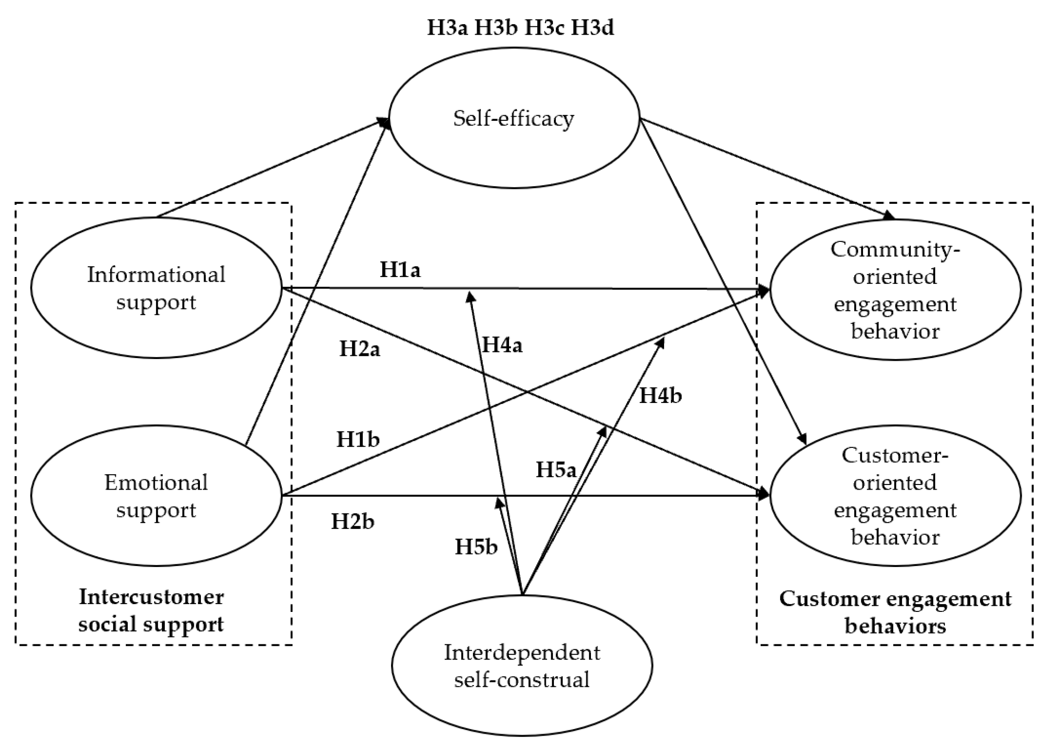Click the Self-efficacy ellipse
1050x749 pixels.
pos(514,118)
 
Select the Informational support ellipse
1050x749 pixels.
pos(156,288)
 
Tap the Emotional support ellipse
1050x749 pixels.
pos(156,496)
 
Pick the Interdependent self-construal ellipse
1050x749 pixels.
pos(522,666)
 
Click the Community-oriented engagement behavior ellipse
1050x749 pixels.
pos(895,290)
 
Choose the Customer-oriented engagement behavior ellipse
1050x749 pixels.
pos(895,496)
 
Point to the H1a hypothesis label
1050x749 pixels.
pos(400,270)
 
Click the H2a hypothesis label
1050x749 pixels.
pos(360,349)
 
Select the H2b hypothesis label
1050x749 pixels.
pos(353,522)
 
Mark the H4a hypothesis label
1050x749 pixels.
pos(502,346)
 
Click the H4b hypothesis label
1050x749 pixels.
pos(660,396)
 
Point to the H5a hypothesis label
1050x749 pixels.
pos(556,470)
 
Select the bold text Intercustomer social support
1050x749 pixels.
pos(151,610)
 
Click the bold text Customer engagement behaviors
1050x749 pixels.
pos(895,612)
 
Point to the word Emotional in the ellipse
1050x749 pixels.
pos(156,483)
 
